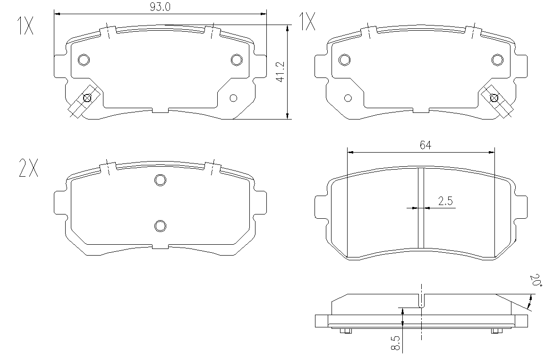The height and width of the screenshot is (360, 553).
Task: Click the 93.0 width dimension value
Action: coord(160,7)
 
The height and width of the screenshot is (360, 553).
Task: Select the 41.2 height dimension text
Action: coord(281,72)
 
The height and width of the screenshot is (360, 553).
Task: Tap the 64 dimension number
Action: coord(425,145)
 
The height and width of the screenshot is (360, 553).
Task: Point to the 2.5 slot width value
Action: coord(445,201)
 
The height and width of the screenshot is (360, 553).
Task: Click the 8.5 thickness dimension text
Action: coord(396,343)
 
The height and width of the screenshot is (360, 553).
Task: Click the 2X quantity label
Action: coord(28,168)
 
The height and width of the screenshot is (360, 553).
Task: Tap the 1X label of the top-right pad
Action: coord(307,21)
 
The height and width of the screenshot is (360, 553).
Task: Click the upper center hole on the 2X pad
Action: coord(160,180)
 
